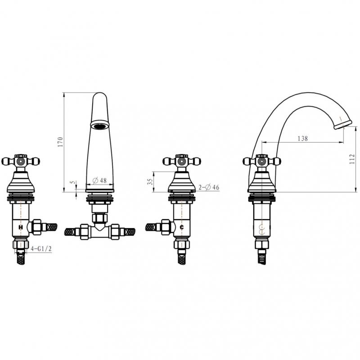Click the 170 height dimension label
[x=60, y=142]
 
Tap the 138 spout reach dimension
[x=302, y=139]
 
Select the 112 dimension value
[x=352, y=159]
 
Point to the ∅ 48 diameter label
[x=99, y=180]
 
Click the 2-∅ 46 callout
[x=209, y=187]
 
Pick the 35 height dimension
[x=150, y=182]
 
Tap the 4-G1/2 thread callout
[x=41, y=249]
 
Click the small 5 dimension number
[x=73, y=182]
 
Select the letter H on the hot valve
[x=21, y=227]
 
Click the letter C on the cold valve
[x=182, y=227]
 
